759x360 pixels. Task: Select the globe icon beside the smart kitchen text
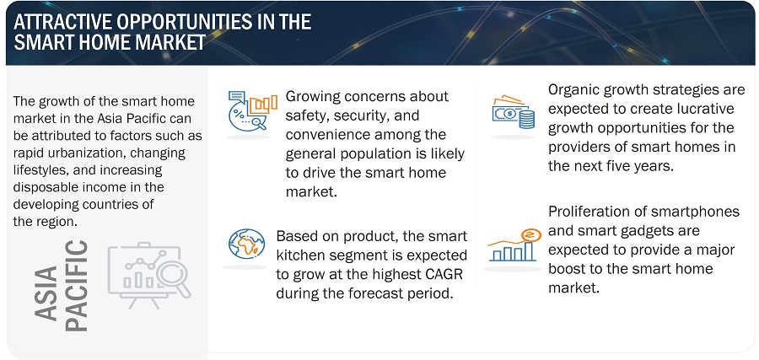pos(246,244)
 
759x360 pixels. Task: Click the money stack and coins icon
pos(513,113)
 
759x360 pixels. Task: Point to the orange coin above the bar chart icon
pos(530,235)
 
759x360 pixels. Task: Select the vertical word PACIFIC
pos(77,286)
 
